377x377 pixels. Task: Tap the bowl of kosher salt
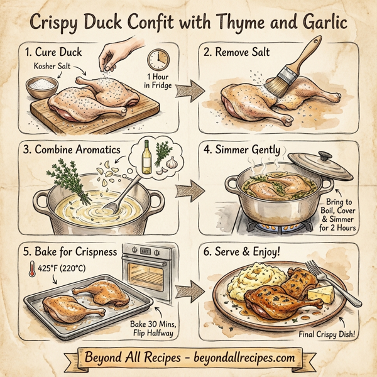point(42,84)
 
